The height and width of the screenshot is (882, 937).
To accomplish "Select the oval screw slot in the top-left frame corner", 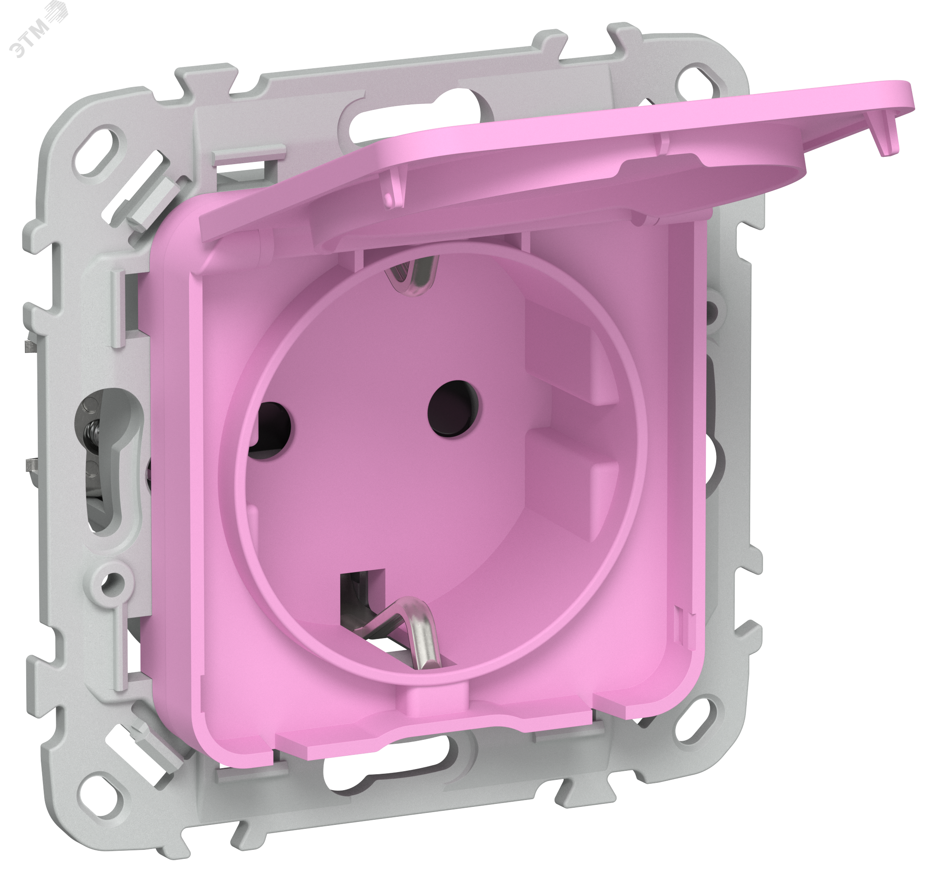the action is click(98, 150).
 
